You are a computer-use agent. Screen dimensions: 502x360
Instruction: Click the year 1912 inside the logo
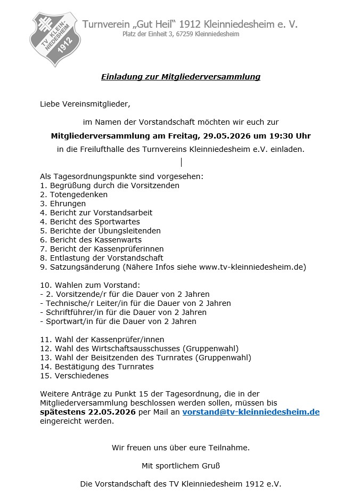click(x=66, y=48)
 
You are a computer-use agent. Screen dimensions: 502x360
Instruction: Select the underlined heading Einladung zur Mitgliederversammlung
click(x=181, y=77)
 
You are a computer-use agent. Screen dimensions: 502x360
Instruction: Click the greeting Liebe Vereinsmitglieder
click(x=85, y=103)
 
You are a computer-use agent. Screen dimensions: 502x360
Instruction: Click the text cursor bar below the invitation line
click(x=181, y=162)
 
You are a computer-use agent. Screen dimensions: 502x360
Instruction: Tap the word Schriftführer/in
click(x=74, y=312)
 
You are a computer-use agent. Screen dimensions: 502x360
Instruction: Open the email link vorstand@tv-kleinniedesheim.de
click(x=251, y=412)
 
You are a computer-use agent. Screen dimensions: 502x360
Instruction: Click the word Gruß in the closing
click(x=210, y=466)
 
